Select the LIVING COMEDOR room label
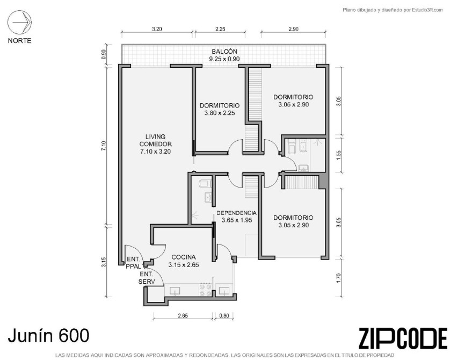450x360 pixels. [155, 140]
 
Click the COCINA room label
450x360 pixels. [184, 257]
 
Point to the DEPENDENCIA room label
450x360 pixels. [236, 213]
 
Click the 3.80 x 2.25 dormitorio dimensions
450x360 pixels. [220, 113]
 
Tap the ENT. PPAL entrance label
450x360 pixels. [134, 263]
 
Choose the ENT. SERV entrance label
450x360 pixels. [147, 278]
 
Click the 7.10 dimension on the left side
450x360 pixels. [104, 146]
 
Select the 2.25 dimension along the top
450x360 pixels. [220, 29]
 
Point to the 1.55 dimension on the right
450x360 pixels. [339, 155]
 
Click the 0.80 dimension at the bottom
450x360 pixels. [224, 316]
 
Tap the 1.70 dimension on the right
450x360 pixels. [339, 278]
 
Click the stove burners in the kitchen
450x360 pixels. [206, 290]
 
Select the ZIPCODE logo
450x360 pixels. [403, 339]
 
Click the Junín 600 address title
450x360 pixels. [48, 335]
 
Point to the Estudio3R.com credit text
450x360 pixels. [393, 10]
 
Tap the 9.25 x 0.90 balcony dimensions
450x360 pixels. [224, 59]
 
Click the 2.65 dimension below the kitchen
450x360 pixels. [183, 316]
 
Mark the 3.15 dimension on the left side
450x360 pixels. [104, 262]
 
